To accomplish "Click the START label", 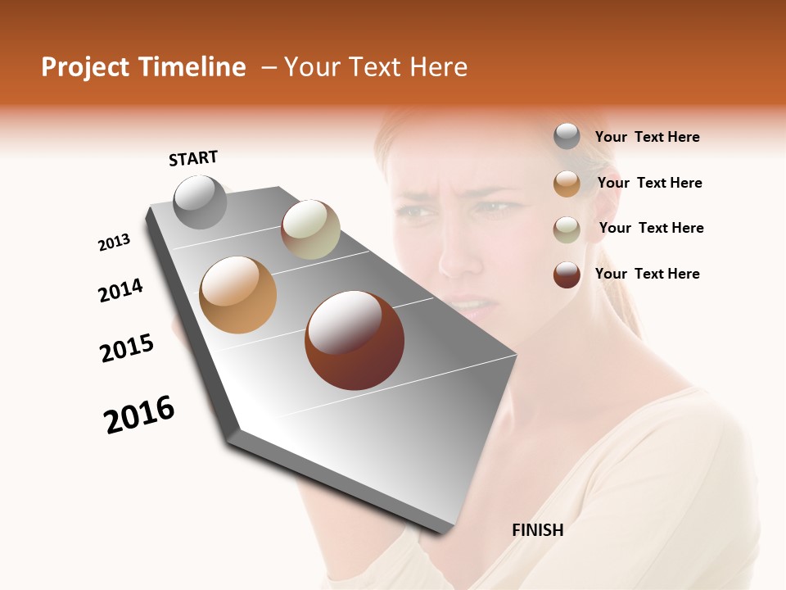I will (193, 158).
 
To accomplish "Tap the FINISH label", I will (538, 530).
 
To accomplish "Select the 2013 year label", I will (114, 243).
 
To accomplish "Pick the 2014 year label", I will (121, 290).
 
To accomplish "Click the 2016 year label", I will (139, 415).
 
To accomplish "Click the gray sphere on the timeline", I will (201, 202).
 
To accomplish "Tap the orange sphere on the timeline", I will (238, 295).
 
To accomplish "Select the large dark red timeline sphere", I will (355, 340).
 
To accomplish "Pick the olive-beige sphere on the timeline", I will (310, 229).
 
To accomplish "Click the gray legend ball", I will (567, 137).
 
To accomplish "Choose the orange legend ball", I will (567, 184).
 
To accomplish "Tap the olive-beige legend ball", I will (567, 229).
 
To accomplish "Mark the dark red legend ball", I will (567, 275).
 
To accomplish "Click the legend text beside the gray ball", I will (647, 138).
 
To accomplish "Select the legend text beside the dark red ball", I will (647, 274).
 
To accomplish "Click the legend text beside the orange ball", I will (649, 183).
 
